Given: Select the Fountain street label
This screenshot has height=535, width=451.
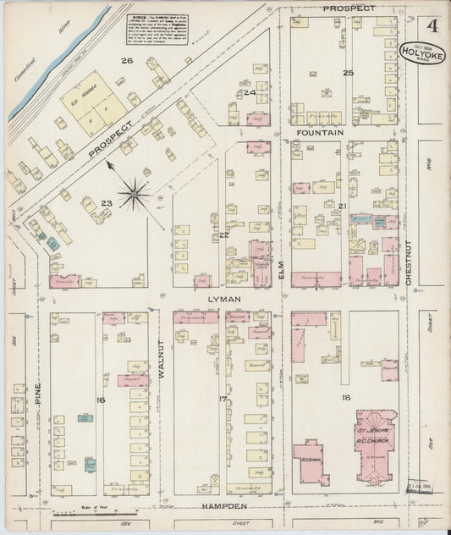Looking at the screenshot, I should pyautogui.click(x=320, y=133).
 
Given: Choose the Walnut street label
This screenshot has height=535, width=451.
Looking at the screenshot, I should pyautogui.click(x=159, y=358).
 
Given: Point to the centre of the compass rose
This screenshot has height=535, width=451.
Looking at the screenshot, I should pyautogui.click(x=135, y=195).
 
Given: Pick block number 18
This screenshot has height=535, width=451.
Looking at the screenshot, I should pyautogui.click(x=346, y=396).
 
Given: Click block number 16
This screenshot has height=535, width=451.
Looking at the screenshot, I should pyautogui.click(x=100, y=399).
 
